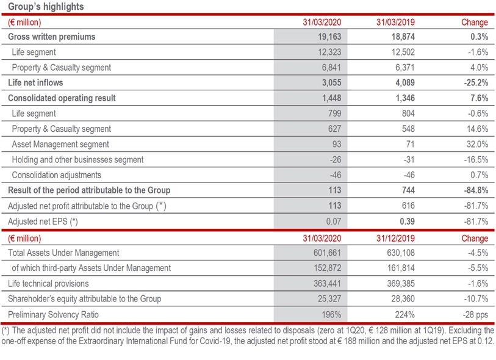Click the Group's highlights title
click(46, 7)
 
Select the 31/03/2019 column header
click(398, 22)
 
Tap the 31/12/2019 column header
click(398, 238)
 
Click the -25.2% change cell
click(474, 82)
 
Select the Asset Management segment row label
click(60, 144)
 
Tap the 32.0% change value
click(476, 144)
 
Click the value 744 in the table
click(407, 190)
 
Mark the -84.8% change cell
click(474, 190)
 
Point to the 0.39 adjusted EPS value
click(406, 221)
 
